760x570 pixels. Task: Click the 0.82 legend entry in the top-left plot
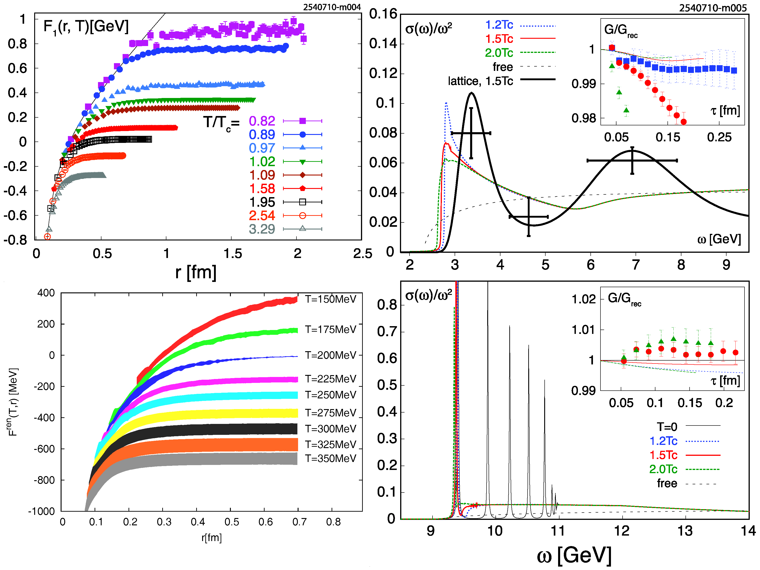[x=262, y=121]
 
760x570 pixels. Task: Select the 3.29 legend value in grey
[x=262, y=229]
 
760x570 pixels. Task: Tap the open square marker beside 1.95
[x=302, y=202]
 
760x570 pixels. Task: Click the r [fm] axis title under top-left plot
[x=196, y=272]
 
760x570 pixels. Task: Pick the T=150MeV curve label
[x=330, y=299]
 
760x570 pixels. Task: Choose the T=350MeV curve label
[x=330, y=459]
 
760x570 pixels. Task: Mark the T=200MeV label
[x=330, y=355]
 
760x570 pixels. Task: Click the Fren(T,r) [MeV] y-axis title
[x=13, y=402]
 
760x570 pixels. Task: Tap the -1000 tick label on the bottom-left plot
[x=41, y=511]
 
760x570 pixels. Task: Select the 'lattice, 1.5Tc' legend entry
[x=480, y=81]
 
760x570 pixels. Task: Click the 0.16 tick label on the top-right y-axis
[x=383, y=14]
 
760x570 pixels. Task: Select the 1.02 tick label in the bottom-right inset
[x=583, y=299]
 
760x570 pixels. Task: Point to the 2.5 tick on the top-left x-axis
[x=363, y=254]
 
